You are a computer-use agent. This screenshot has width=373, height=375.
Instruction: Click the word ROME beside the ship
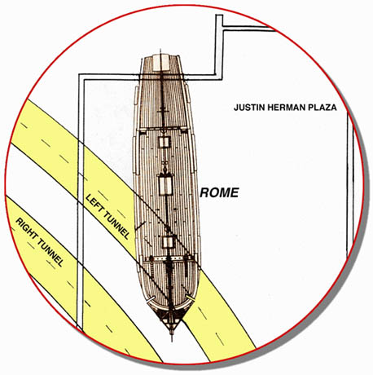[219, 192]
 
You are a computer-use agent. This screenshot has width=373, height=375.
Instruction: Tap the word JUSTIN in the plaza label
[249, 108]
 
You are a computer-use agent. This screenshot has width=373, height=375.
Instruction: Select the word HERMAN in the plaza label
[287, 108]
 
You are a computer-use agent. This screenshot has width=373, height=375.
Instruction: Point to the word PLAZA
[323, 108]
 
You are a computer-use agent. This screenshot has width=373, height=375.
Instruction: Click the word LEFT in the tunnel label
[94, 204]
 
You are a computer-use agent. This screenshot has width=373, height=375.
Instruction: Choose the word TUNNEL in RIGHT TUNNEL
[50, 253]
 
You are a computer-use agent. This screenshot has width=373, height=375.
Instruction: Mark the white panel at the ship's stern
[160, 62]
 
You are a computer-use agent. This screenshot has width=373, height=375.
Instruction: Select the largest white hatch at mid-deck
[165, 185]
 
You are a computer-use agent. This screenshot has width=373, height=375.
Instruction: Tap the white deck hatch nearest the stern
[165, 142]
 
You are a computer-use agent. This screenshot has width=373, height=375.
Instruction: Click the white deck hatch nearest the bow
[168, 242]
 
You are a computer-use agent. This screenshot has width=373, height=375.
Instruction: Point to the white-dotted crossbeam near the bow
[170, 259]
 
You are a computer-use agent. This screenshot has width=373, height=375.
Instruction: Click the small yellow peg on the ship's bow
[191, 298]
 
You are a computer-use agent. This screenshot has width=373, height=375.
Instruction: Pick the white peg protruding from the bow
[149, 302]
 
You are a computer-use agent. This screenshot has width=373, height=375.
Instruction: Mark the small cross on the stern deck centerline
[162, 109]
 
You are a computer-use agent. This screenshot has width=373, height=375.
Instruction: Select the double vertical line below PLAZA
[350, 185]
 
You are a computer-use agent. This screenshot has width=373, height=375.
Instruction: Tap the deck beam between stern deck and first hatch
[163, 128]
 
